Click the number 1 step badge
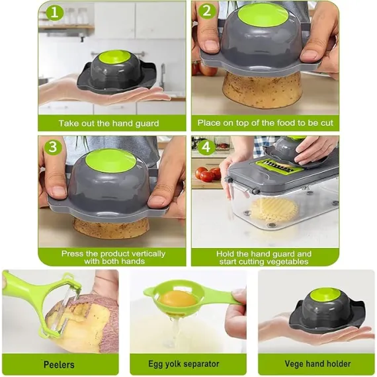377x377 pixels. click(x=55, y=12)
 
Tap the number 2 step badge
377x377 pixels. click(x=207, y=11)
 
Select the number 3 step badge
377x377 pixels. click(x=53, y=147)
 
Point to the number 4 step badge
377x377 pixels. click(x=206, y=147)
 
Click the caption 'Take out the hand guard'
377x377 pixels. click(x=108, y=123)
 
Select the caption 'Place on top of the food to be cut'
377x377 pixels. click(x=265, y=123)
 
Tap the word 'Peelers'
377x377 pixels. click(x=59, y=364)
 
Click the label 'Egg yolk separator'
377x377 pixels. click(x=184, y=364)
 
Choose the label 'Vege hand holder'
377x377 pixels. click(x=317, y=364)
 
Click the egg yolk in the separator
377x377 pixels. click(x=177, y=299)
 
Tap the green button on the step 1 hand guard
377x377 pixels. click(x=114, y=60)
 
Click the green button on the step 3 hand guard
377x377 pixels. click(x=110, y=160)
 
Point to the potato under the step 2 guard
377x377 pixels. click(x=262, y=90)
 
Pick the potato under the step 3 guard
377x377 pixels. click(x=111, y=228)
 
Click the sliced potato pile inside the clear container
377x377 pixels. click(x=274, y=210)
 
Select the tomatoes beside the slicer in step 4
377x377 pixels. click(x=208, y=174)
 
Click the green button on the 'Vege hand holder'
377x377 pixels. click(x=325, y=297)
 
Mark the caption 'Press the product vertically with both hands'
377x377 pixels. click(x=114, y=257)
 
